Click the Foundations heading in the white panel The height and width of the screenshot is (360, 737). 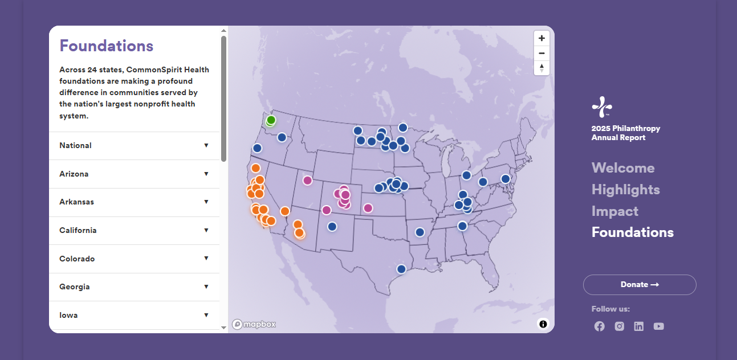click(107, 46)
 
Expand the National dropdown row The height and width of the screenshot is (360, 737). click(133, 145)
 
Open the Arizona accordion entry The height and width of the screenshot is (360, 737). click(133, 174)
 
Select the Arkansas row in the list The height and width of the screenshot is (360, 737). click(133, 202)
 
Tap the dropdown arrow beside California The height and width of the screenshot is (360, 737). click(206, 230)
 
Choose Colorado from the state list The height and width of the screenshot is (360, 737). click(133, 259)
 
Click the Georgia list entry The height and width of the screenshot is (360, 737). click(133, 287)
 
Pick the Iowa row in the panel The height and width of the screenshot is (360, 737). click(133, 315)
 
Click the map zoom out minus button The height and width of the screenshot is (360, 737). click(541, 53)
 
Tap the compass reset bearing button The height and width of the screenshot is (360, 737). click(541, 68)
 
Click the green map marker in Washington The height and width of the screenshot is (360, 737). click(271, 120)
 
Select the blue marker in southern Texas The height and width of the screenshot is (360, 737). click(401, 269)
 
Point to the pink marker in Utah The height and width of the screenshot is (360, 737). click(307, 181)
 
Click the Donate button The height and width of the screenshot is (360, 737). click(640, 285)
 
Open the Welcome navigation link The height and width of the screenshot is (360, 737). click(623, 168)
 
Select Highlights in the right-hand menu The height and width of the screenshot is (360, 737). click(625, 190)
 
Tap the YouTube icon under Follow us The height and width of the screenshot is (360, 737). click(659, 326)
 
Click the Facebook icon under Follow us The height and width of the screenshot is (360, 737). click(600, 326)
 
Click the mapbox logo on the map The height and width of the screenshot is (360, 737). click(254, 324)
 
